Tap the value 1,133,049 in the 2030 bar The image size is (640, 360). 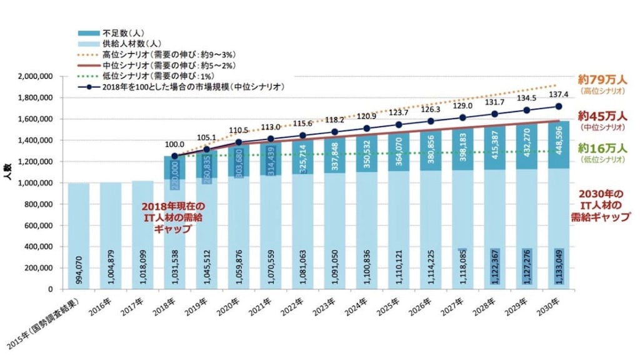tap(558, 264)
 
